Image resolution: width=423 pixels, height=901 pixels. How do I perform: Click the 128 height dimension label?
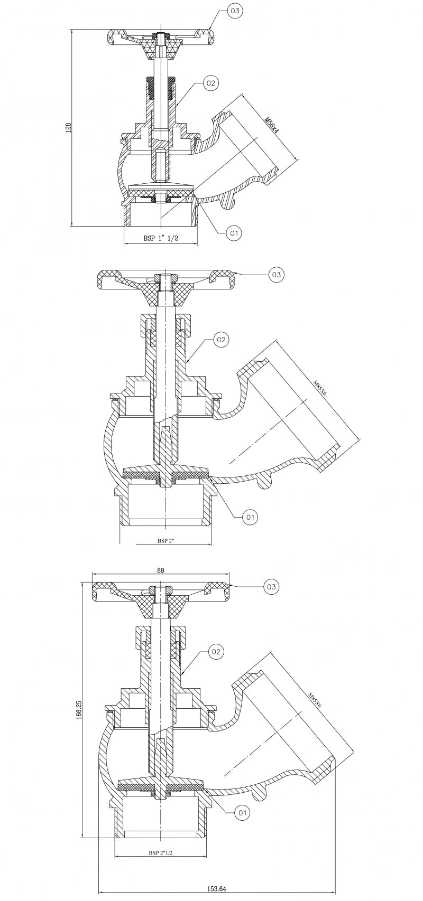(69, 127)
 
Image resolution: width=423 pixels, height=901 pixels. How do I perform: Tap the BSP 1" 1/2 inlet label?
(161, 238)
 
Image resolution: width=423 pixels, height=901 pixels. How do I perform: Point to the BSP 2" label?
(165, 541)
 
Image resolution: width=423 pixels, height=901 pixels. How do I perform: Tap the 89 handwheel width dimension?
(161, 570)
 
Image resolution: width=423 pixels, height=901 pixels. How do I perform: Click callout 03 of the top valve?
(234, 11)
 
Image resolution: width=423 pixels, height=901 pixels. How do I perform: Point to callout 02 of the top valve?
(210, 83)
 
